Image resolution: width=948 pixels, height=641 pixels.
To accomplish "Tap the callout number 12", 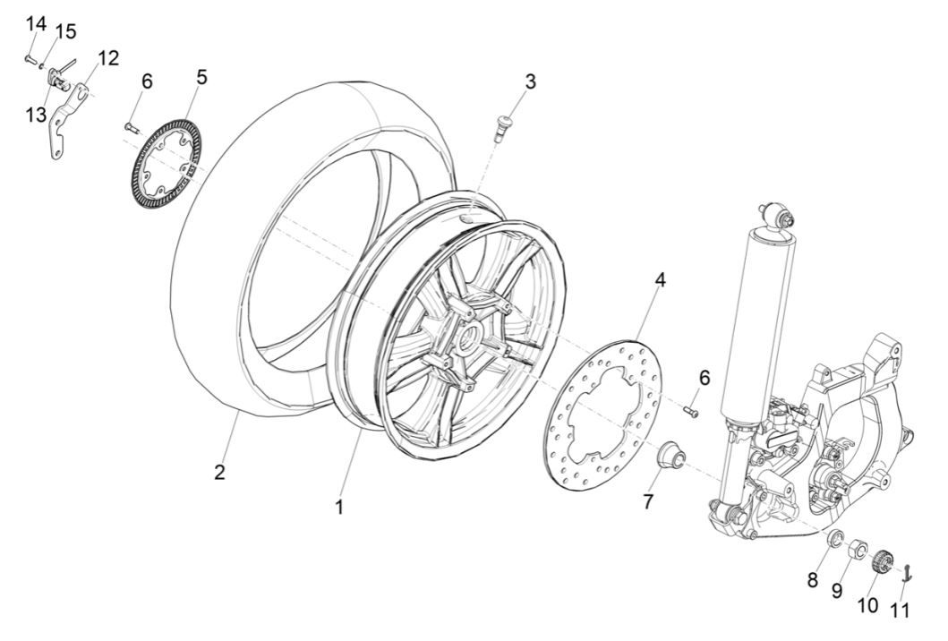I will [x=107, y=58].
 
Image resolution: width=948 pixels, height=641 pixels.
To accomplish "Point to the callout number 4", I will [x=660, y=279].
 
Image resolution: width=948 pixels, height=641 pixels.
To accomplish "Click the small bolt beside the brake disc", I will [x=690, y=410].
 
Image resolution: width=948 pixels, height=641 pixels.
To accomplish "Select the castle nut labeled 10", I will [x=881, y=562].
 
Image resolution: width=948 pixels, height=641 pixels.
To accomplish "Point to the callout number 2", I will [x=219, y=472].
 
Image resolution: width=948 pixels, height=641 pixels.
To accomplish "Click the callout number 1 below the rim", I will [x=339, y=506].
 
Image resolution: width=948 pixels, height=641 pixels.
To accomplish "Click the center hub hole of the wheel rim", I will [x=466, y=340].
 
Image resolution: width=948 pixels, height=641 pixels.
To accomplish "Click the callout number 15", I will [x=65, y=32].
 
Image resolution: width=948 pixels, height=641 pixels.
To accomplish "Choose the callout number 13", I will [x=36, y=115].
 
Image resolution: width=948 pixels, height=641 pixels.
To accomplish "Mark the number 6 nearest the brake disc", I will [x=705, y=378].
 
